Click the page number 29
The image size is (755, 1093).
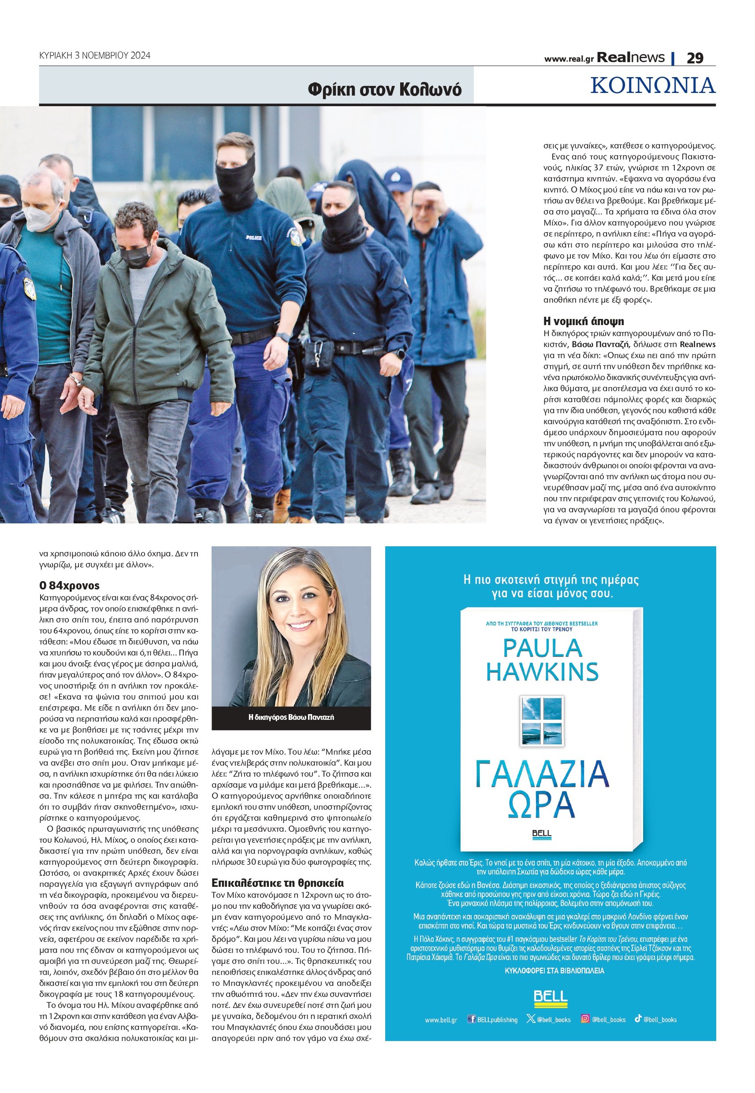(x=695, y=58)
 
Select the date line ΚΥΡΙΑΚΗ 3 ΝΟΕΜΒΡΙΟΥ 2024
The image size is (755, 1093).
(x=95, y=56)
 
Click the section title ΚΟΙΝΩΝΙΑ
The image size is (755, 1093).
(x=652, y=85)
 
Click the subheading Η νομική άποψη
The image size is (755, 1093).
(x=583, y=321)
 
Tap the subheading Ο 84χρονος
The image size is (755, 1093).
(x=69, y=585)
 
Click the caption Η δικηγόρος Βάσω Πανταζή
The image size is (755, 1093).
(x=291, y=717)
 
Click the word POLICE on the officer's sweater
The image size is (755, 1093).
(x=253, y=237)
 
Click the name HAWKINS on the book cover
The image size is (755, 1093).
(x=542, y=671)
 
